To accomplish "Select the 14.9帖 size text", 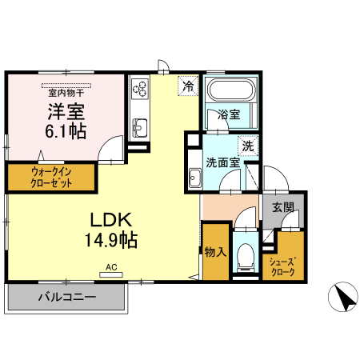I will pos(110,239).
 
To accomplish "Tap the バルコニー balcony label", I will pos(67,298).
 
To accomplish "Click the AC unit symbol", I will pos(111,271).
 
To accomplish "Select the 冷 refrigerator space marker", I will pos(188,85).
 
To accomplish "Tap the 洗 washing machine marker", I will pos(248,146).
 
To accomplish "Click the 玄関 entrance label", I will pos(282,208).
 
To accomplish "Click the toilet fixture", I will pos(246,256).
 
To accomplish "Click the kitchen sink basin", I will pos(138,126).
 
